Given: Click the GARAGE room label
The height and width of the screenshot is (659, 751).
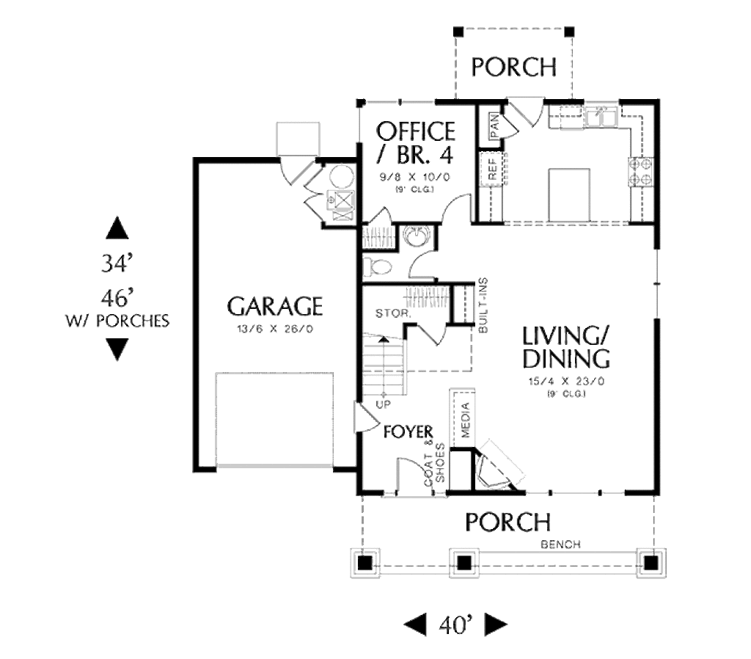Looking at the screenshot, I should [274, 305].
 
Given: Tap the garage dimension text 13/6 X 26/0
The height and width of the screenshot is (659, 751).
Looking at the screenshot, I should [274, 329].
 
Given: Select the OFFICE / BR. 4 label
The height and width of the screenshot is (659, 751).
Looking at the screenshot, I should [415, 144].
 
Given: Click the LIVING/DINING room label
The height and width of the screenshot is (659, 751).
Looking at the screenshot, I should [565, 347].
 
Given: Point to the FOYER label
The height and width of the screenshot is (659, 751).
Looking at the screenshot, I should [409, 431].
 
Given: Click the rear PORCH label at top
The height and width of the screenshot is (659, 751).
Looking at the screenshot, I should [513, 68].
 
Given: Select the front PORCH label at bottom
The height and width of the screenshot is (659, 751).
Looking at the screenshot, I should [508, 522].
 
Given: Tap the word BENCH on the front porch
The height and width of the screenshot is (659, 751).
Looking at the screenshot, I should [560, 545].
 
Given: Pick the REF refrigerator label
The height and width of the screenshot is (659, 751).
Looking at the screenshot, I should [492, 170].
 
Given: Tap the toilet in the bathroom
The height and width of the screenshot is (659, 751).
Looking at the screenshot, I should [378, 267].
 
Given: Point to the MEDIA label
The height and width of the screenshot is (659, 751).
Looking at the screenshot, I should [464, 416].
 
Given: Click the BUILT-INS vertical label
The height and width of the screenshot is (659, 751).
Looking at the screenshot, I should [483, 306].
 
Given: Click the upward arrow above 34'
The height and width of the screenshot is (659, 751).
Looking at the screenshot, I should [117, 228].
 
